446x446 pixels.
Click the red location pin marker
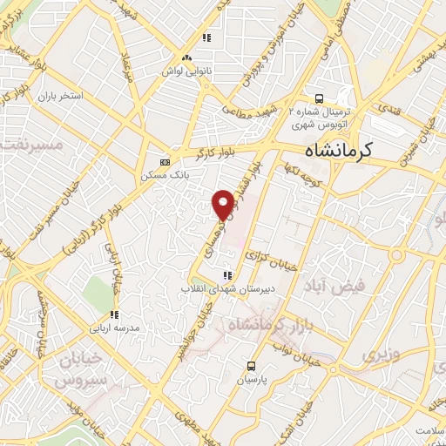tap(223, 204)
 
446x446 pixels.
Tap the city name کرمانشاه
tap(328, 150)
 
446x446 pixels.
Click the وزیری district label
tap(376, 356)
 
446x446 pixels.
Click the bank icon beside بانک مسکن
tap(166, 161)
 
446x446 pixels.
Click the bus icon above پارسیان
tap(252, 366)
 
